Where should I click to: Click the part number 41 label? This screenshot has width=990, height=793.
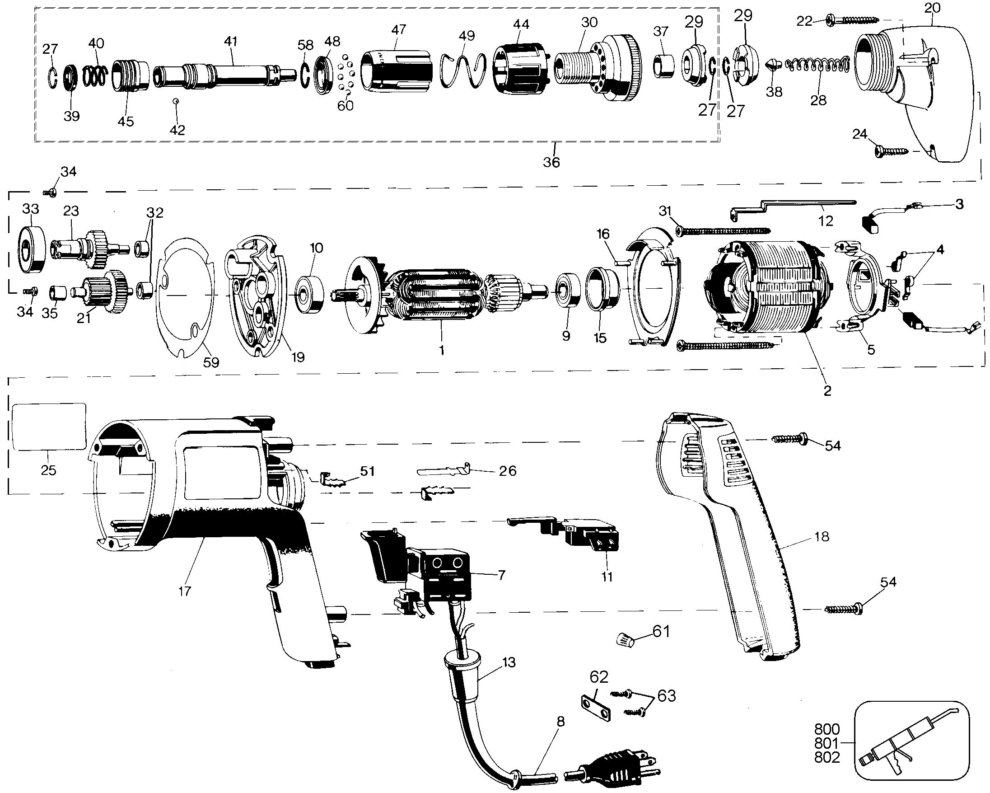tap(230, 42)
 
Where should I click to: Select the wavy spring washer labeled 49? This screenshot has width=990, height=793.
tap(463, 70)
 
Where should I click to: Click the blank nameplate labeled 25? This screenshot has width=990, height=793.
tap(49, 427)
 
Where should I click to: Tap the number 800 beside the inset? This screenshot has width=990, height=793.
tap(827, 729)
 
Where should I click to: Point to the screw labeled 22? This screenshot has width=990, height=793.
tap(852, 20)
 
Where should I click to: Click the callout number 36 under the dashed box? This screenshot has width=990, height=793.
tap(551, 162)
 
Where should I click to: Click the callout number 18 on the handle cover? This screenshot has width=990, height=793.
tap(822, 537)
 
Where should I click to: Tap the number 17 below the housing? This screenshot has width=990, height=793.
tap(185, 591)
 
